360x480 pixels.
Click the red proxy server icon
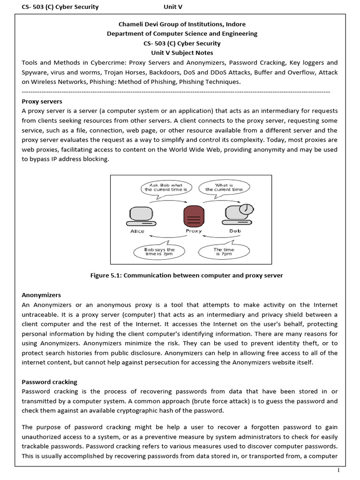coord(193,216)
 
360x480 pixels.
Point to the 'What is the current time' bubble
coord(224,188)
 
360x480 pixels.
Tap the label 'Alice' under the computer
coord(137,231)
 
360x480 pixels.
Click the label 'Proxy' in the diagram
coord(193,231)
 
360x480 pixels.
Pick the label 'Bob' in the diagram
coord(235,231)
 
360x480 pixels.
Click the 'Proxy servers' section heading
coord(42,101)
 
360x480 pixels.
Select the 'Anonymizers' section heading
coord(41,295)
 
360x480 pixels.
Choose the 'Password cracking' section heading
coord(50,382)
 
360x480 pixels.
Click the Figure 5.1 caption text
coord(187,276)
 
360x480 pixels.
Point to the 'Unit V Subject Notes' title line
coord(181,52)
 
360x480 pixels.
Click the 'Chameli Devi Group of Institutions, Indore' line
coord(181,24)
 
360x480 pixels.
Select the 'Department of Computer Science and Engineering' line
coord(181,33)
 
